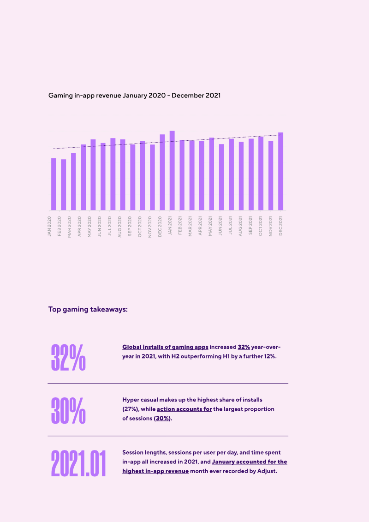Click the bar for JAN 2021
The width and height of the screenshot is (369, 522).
[172, 170]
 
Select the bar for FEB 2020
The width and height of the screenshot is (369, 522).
[64, 185]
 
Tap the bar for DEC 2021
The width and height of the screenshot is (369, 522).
[280, 171]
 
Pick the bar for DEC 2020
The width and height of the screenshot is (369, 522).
[162, 173]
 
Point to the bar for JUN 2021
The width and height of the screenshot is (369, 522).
[221, 177]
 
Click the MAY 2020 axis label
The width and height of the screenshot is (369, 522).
[89, 227]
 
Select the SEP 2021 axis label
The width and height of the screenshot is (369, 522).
[250, 226]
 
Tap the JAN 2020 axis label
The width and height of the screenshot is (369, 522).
[49, 226]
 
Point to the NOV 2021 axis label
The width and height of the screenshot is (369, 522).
[270, 226]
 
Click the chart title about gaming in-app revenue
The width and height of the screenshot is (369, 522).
[134, 96]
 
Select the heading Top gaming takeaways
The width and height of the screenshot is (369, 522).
[88, 309]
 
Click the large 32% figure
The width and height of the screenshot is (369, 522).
[68, 358]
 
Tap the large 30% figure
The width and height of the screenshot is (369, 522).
[68, 410]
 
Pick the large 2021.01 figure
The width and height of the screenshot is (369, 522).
[78, 463]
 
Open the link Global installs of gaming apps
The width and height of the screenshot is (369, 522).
[166, 347]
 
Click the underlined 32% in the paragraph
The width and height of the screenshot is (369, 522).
[244, 347]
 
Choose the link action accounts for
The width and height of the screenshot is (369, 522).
[184, 409]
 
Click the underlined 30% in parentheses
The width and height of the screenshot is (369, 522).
[162, 418]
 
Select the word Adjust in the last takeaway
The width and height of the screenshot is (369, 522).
[267, 471]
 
